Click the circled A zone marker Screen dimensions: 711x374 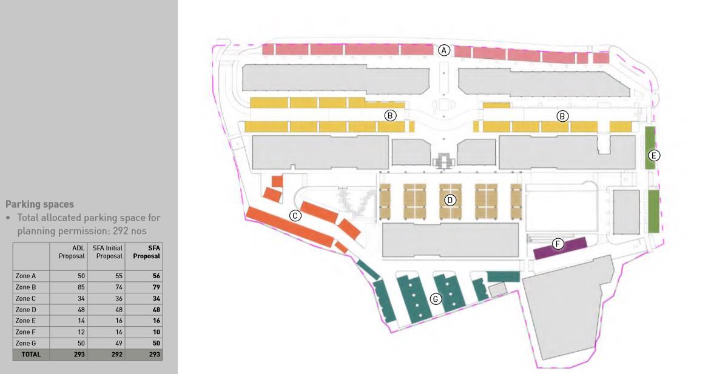(445, 50)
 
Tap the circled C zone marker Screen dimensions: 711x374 (295, 215)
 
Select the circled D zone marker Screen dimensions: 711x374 (450, 199)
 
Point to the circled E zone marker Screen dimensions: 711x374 (653, 155)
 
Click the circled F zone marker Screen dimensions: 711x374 (558, 244)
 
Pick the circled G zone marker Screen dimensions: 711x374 (435, 298)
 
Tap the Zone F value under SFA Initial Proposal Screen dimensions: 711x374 (118, 332)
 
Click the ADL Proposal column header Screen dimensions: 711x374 (72, 252)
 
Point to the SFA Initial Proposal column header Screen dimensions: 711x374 (108, 252)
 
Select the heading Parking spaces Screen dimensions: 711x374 (39, 204)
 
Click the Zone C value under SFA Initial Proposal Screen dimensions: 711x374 (118, 298)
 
